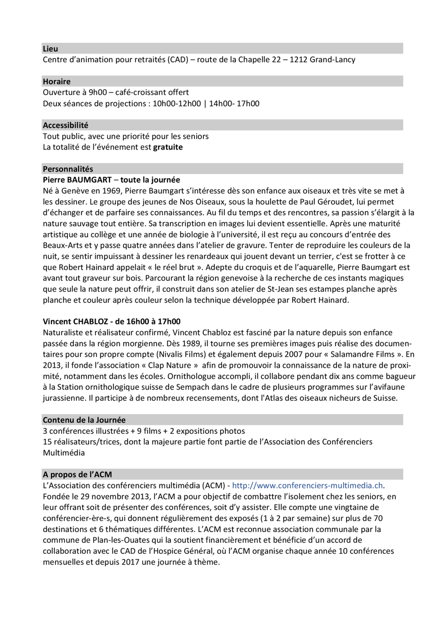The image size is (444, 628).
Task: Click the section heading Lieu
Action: tap(50, 49)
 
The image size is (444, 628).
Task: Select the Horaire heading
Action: tap(56, 82)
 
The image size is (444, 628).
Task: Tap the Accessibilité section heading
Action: tap(65, 125)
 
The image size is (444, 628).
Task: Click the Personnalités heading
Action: tap(68, 169)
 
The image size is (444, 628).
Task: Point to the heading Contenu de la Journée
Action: tap(84, 420)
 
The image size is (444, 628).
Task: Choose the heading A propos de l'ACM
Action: tap(77, 474)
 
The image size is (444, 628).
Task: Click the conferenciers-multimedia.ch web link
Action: tap(307, 486)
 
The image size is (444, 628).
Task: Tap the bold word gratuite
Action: tap(168, 147)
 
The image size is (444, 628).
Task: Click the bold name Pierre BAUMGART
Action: tap(77, 180)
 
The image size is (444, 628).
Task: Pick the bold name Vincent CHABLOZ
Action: tap(75, 322)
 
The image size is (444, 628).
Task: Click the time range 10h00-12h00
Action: tap(177, 104)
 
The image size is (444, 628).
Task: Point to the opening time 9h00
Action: tap(98, 92)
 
